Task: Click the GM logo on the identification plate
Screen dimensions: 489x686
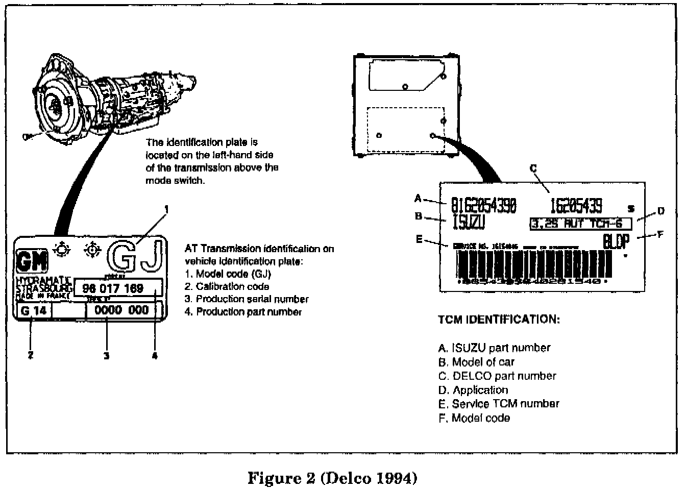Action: (x=32, y=261)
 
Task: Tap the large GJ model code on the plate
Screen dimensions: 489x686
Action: (x=137, y=255)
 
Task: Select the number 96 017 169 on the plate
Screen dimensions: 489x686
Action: (x=113, y=288)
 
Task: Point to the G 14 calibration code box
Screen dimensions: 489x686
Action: (x=34, y=310)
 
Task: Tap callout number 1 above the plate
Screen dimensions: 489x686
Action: (x=166, y=209)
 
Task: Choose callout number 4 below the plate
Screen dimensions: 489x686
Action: (x=155, y=356)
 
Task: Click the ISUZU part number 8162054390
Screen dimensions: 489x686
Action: (x=483, y=206)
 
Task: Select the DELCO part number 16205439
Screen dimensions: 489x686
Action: (x=575, y=206)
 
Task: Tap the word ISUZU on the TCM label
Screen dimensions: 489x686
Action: (x=469, y=223)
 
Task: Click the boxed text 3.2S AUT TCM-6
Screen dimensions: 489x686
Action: (x=580, y=224)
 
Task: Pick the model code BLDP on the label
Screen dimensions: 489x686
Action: (x=616, y=241)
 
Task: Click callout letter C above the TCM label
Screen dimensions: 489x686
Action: (x=533, y=168)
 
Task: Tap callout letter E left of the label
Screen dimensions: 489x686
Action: (x=419, y=239)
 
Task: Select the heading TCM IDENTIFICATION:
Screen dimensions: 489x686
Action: (x=499, y=320)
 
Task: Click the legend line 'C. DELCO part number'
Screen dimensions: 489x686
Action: (x=497, y=376)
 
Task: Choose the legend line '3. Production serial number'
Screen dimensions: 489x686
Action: (x=247, y=299)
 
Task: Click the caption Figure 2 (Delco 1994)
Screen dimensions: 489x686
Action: (x=332, y=478)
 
